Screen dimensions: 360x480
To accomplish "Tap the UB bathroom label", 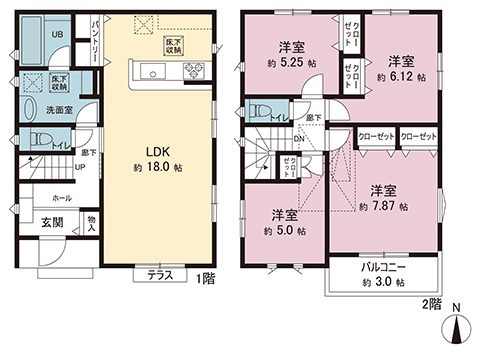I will click(58, 35).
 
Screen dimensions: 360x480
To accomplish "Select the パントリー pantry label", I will click(96, 37).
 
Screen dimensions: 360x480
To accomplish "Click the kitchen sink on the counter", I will click(156, 70).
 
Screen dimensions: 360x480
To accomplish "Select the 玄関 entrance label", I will click(52, 222).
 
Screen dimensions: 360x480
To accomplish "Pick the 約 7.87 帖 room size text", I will click(382, 206).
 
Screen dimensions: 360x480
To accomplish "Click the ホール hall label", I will click(61, 198).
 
